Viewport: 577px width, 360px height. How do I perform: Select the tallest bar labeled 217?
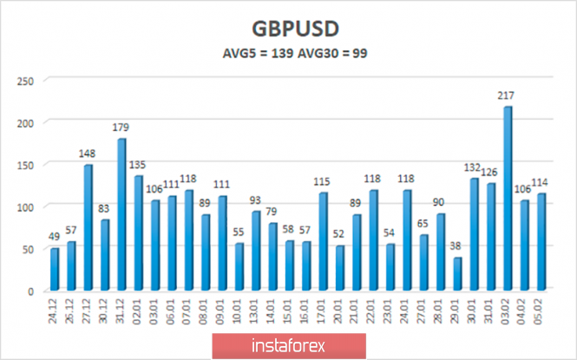tap(508, 198)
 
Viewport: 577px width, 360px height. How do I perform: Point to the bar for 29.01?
tap(457, 273)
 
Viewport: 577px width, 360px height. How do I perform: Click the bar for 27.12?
tap(89, 227)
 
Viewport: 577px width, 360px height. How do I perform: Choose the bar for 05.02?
tap(541, 241)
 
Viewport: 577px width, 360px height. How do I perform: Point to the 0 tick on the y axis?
tap(30, 291)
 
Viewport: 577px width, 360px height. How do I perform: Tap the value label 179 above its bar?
tap(121, 128)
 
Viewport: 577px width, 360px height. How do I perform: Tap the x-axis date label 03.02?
tap(508, 309)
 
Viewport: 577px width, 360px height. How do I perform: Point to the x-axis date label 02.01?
tap(139, 309)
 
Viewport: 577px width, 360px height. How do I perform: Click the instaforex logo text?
tap(288, 345)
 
